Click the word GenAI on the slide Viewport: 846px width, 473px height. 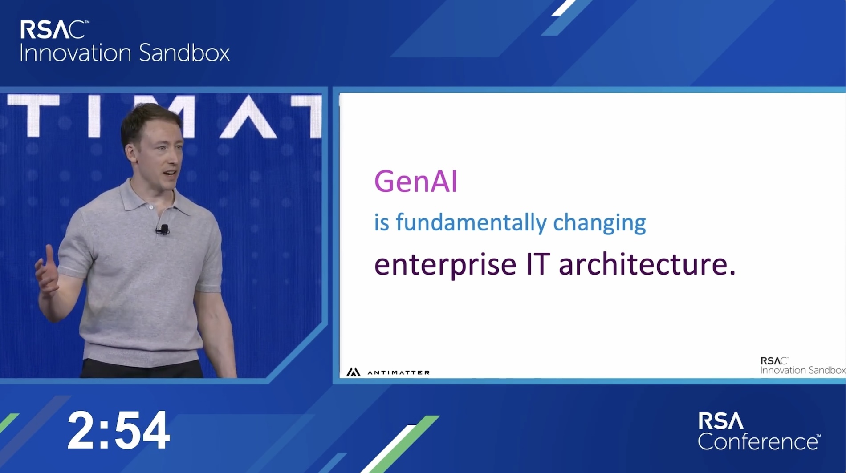[x=415, y=181]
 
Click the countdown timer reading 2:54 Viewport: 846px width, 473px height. [x=118, y=431]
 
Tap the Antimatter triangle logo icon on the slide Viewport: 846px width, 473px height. [x=353, y=372]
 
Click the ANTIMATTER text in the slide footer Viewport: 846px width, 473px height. [x=399, y=372]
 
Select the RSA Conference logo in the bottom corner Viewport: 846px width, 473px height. [x=759, y=431]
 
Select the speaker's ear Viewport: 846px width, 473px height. [x=132, y=151]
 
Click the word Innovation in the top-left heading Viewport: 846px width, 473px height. [x=75, y=53]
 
